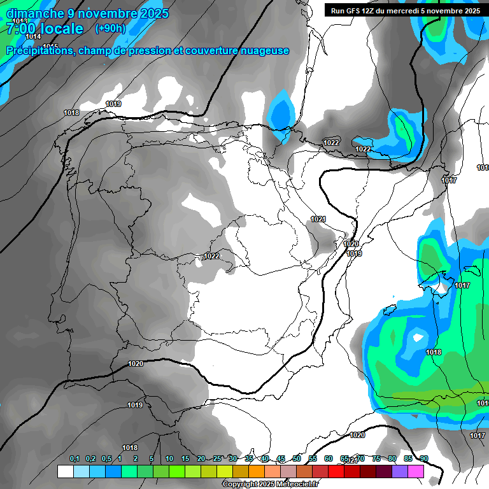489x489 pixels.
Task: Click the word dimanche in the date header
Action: point(35,13)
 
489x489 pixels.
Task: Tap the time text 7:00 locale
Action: point(45,29)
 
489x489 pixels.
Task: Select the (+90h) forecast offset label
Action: point(110,29)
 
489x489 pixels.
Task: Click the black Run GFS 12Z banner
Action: point(405,11)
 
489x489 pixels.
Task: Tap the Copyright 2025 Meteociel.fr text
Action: point(270,485)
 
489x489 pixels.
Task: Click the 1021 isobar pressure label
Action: point(318,219)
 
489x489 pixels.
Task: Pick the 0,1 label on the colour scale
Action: point(74,459)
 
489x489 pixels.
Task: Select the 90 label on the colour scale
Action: point(424,459)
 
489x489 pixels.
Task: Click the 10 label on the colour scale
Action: point(169,459)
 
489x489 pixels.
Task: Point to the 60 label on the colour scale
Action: point(329,459)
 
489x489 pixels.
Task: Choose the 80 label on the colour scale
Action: point(392,459)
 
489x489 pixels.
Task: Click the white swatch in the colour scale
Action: point(65,472)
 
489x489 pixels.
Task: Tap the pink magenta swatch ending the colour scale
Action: point(416,472)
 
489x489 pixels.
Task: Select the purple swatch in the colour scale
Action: point(400,472)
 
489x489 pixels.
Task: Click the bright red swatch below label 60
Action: point(336,472)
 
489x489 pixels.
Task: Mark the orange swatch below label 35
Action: point(257,472)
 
